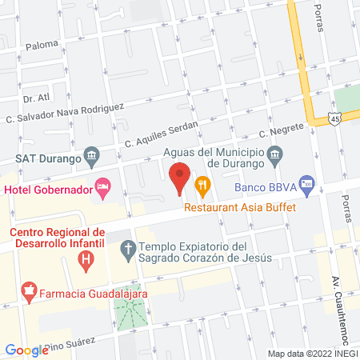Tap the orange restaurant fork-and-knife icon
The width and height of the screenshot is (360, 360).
point(203,187)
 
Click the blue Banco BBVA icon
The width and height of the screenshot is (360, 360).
point(306,184)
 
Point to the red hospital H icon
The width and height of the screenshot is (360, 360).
point(86,259)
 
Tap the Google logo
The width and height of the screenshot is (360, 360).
point(26,350)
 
